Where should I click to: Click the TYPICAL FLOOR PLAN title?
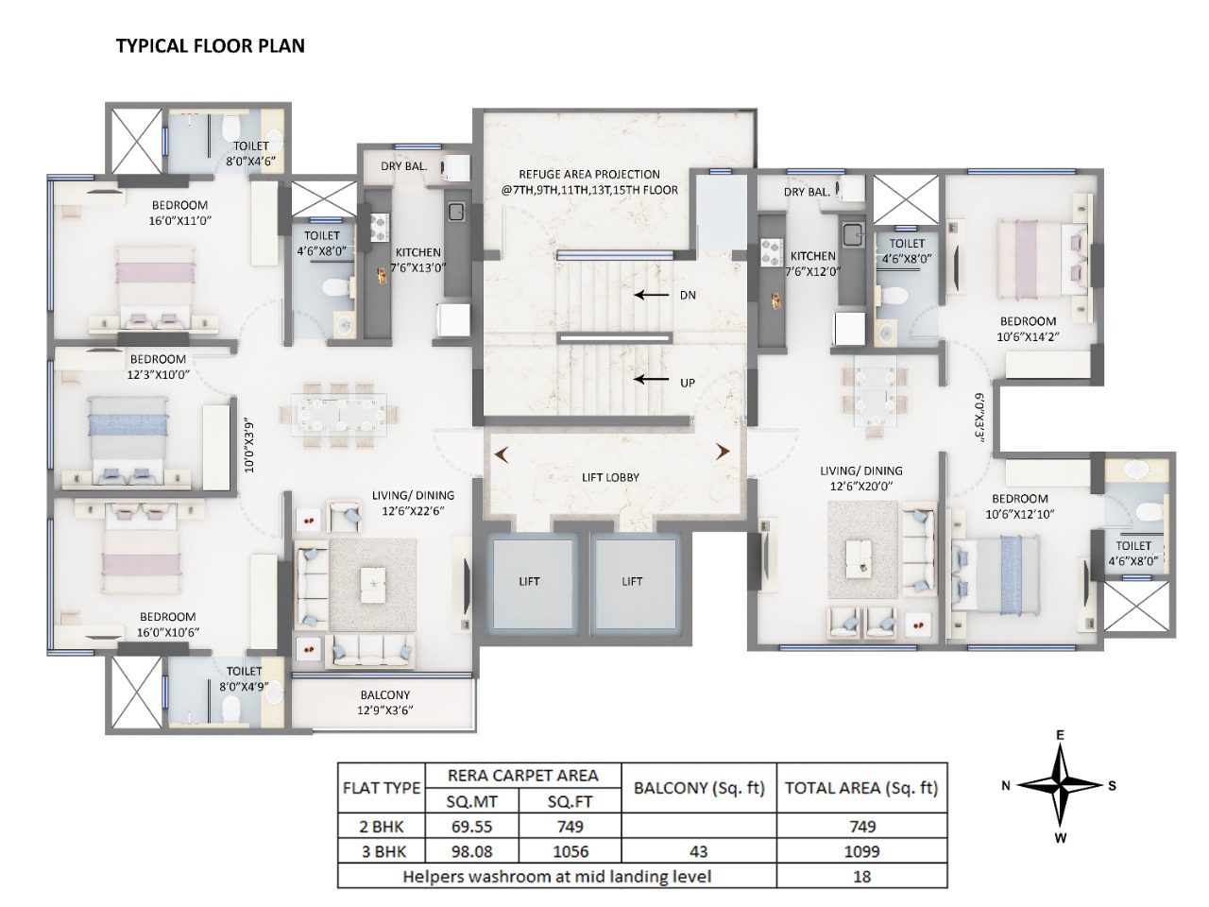pyautogui.click(x=210, y=45)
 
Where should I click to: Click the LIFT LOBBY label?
pyautogui.click(x=610, y=477)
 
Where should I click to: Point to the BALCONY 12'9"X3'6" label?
pyautogui.click(x=384, y=702)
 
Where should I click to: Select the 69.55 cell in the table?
pyautogui.click(x=472, y=826)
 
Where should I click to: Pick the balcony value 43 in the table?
pyautogui.click(x=699, y=850)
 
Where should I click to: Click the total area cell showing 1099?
pyautogui.click(x=860, y=850)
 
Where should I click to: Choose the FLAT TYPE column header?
pyautogui.click(x=382, y=788)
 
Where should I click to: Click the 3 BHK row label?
pyautogui.click(x=382, y=850)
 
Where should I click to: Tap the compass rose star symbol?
pyautogui.click(x=1060, y=785)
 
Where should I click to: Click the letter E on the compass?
pyautogui.click(x=1061, y=736)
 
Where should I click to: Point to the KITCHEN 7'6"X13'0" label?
pyautogui.click(x=418, y=260)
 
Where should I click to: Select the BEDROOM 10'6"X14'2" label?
pyautogui.click(x=1028, y=328)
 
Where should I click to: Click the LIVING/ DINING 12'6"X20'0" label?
pyautogui.click(x=860, y=478)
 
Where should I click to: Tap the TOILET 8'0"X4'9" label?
pyautogui.click(x=243, y=678)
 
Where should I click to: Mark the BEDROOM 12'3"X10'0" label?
pyautogui.click(x=158, y=366)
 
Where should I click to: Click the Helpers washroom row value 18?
pyautogui.click(x=860, y=876)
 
